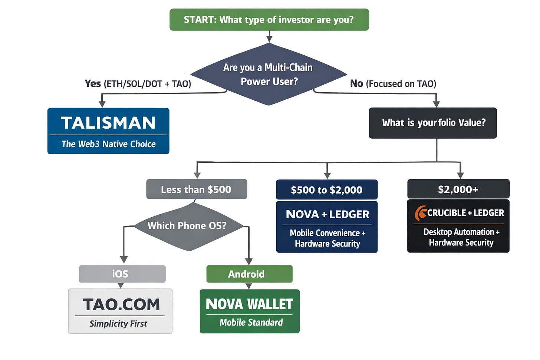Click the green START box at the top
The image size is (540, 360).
click(x=269, y=20)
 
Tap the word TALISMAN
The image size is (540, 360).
click(x=108, y=123)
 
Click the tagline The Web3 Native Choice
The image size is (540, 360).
click(x=108, y=144)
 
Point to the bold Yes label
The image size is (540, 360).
click(x=93, y=83)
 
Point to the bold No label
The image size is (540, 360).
click(x=356, y=83)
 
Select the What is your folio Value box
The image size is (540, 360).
click(x=433, y=123)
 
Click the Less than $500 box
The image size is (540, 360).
click(x=196, y=189)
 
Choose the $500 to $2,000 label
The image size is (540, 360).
click(x=326, y=190)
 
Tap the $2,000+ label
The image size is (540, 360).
click(x=458, y=189)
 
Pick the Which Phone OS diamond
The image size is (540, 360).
click(x=187, y=226)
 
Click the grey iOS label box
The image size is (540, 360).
click(x=122, y=274)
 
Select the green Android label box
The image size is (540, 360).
click(x=249, y=274)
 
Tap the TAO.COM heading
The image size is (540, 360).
click(x=121, y=304)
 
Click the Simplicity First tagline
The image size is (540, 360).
click(x=118, y=324)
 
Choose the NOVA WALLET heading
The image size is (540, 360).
click(x=249, y=304)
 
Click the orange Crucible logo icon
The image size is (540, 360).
click(x=421, y=213)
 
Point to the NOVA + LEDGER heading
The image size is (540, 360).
click(x=327, y=214)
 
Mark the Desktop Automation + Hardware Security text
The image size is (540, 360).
click(x=461, y=237)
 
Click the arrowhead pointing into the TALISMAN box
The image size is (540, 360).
click(x=102, y=105)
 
